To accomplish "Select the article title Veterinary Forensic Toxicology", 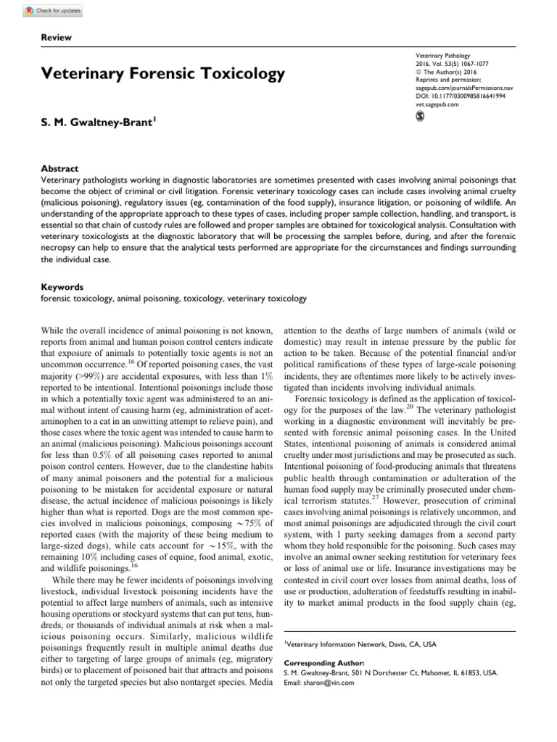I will point(163,74).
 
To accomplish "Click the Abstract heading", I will point(59,168).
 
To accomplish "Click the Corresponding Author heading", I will point(323,663).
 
